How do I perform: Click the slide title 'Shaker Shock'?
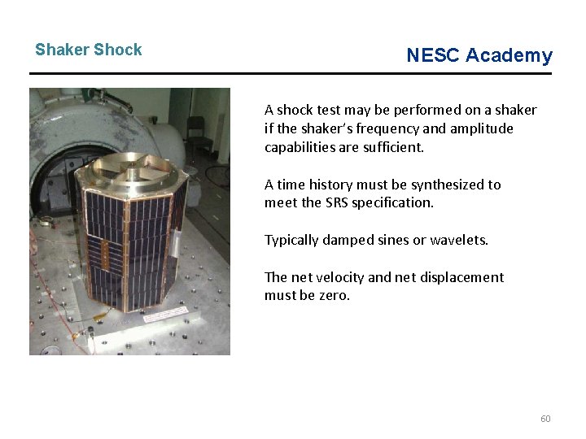click(88, 50)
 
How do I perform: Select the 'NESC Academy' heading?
click(479, 55)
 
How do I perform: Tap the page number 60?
click(545, 419)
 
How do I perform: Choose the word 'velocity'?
click(339, 277)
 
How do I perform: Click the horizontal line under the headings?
click(291, 74)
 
